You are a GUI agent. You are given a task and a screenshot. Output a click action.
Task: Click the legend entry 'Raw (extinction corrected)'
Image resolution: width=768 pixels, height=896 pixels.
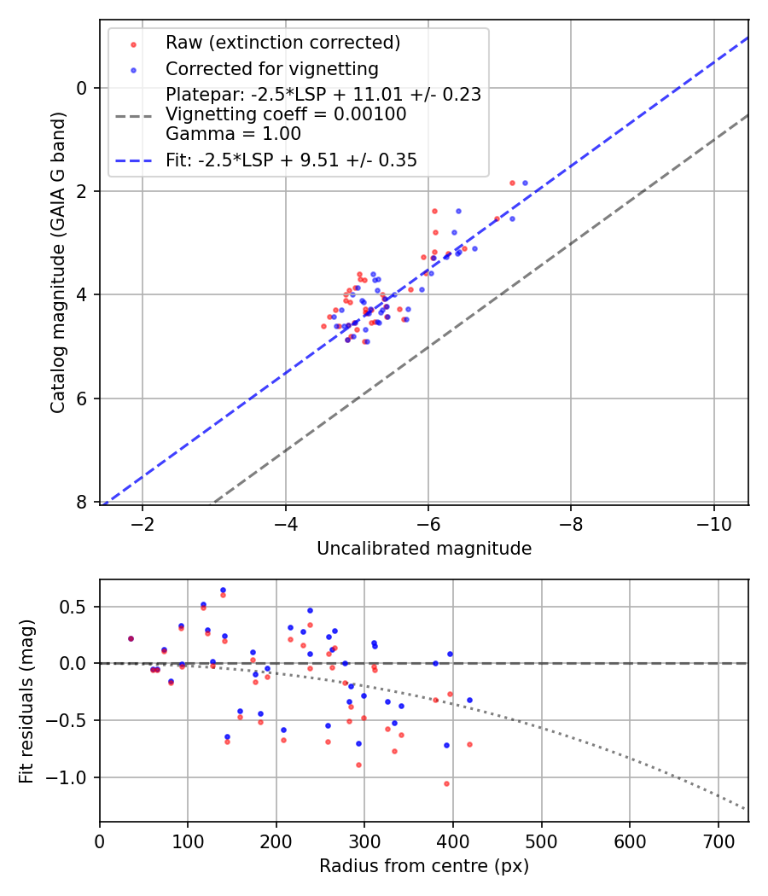coord(283,43)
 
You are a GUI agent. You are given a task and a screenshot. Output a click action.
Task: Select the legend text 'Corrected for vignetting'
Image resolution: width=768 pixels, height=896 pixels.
coord(271,68)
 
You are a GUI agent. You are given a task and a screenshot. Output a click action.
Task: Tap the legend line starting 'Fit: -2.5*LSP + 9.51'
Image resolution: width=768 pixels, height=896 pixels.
coord(291,160)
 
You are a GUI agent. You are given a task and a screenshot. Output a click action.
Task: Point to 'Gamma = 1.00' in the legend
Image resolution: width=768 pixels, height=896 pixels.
coord(233,133)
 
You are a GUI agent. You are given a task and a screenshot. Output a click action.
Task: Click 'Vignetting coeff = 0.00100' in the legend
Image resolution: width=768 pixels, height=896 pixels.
coord(286,114)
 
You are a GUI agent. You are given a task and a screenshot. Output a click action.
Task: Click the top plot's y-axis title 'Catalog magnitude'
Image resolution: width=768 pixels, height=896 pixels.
coord(58,260)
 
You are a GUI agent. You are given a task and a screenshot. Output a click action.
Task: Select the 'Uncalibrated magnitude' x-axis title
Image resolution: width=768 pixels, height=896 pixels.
coord(424,549)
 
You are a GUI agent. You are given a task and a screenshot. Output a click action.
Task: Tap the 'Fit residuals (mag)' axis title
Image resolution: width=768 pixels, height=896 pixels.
coord(26,701)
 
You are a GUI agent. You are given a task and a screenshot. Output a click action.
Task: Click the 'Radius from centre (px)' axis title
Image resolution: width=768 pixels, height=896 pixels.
coord(424,866)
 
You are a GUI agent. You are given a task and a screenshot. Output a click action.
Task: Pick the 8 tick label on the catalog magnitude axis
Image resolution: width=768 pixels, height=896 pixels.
coord(81,503)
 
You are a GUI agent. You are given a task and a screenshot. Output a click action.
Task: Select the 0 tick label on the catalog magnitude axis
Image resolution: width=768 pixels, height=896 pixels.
coord(81,88)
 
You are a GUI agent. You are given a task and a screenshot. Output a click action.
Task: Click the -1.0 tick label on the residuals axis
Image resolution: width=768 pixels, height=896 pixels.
coord(70,777)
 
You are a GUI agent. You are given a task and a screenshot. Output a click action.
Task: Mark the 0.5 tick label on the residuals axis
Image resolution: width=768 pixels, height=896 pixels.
coord(74,607)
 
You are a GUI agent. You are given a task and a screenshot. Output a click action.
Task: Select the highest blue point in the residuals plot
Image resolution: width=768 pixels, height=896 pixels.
coord(223,590)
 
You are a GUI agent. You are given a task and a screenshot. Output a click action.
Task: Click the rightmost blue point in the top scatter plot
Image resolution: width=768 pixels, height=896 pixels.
coord(525,183)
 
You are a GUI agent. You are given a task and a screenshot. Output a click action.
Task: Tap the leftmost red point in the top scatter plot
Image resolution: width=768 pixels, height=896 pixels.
coord(323,326)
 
